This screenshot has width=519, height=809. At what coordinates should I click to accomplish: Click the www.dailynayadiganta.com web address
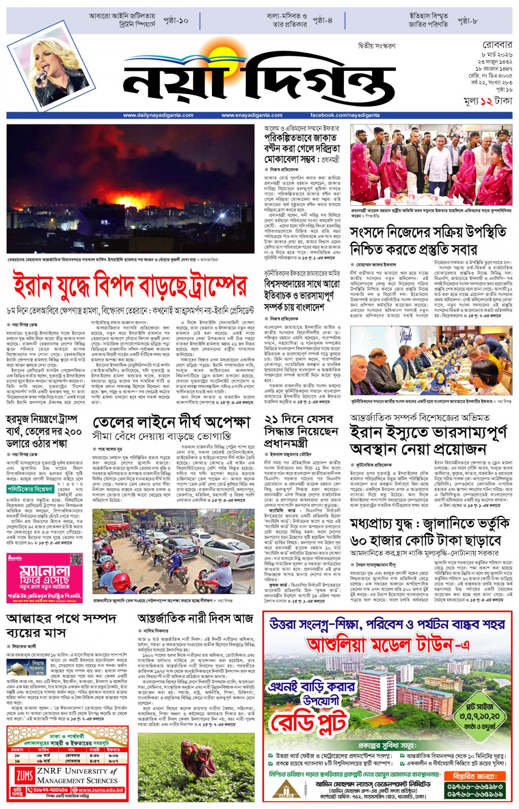(x=158, y=115)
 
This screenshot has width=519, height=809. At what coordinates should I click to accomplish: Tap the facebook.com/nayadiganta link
(x=345, y=115)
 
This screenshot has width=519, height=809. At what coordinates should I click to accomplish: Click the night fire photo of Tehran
(x=130, y=189)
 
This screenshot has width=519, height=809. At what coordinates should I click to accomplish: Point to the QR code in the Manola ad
(x=76, y=559)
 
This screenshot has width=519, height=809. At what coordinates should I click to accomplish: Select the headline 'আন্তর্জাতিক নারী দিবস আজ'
(x=195, y=618)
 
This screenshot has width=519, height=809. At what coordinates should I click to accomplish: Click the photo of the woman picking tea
(x=196, y=767)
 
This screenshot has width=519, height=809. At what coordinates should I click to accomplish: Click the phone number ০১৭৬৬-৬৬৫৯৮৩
(x=474, y=786)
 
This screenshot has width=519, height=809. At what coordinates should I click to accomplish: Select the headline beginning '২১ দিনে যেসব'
(x=299, y=431)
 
